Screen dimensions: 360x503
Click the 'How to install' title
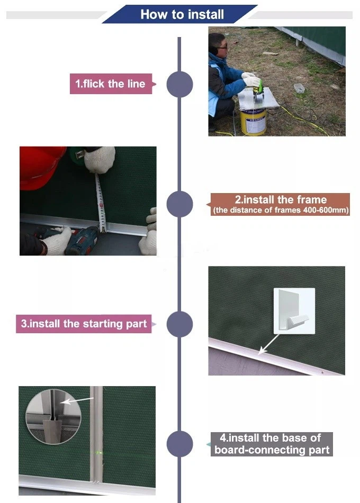click(x=182, y=14)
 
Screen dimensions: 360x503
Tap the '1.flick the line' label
click(x=111, y=84)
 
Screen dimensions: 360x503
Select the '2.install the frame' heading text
click(x=281, y=199)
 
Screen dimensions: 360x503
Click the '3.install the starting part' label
click(x=84, y=324)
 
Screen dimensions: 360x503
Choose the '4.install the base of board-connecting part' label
click(x=272, y=444)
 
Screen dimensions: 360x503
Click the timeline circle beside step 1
click(x=179, y=84)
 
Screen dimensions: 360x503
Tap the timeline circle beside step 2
click(x=179, y=204)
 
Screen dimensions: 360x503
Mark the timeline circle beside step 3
click(x=179, y=324)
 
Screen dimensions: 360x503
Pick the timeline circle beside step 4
click(x=179, y=444)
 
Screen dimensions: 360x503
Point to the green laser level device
click(x=259, y=90)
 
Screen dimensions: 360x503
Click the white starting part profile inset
click(x=294, y=311)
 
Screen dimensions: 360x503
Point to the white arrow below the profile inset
click(x=269, y=344)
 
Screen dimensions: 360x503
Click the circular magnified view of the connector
click(x=53, y=417)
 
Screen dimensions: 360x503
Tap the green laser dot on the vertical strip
click(x=97, y=453)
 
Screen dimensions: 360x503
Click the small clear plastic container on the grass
click(x=299, y=88)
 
